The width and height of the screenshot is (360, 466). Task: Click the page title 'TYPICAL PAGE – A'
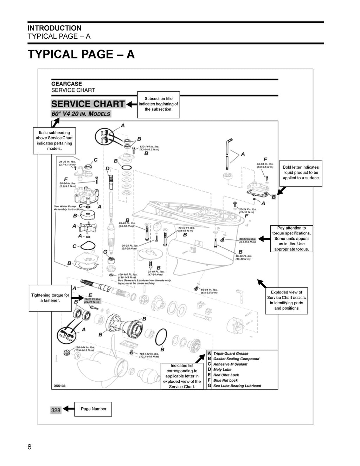(81, 54)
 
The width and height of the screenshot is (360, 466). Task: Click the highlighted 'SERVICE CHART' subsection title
(88, 104)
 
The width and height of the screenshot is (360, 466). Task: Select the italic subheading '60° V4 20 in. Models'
(81, 114)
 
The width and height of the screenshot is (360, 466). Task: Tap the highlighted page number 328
(56, 410)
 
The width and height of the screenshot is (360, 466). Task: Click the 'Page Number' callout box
(93, 409)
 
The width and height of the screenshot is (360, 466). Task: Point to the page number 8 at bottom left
(30, 447)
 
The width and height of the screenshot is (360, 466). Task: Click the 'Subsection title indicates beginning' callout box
(158, 104)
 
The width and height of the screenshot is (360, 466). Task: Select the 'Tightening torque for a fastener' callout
(50, 298)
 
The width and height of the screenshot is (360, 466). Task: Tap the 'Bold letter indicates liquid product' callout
(301, 173)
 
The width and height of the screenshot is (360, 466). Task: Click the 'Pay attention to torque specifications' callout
(291, 239)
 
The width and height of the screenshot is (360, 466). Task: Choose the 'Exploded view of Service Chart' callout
(287, 300)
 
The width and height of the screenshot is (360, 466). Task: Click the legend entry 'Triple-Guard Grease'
(231, 354)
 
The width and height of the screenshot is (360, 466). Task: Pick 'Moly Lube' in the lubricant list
(222, 370)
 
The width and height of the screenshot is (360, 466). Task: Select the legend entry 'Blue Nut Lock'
(225, 380)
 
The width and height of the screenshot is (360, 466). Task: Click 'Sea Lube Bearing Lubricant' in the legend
(237, 386)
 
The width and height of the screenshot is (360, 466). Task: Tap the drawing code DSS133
(60, 386)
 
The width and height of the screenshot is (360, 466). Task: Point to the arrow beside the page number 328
(69, 409)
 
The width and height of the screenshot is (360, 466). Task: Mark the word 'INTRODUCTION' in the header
(54, 28)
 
